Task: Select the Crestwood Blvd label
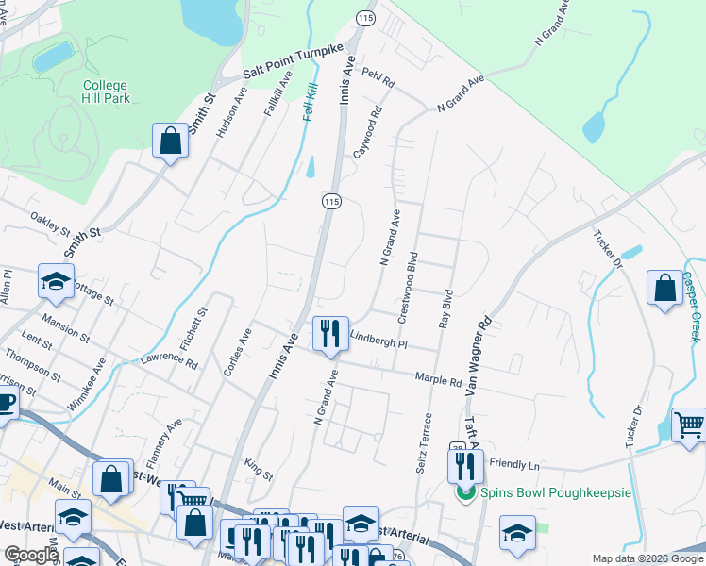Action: (x=408, y=288)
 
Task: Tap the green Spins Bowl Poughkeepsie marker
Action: (x=464, y=492)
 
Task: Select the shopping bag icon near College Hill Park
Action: (x=170, y=141)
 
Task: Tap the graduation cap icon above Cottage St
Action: (x=56, y=281)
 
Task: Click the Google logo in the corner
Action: (x=30, y=554)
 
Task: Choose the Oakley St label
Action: (x=51, y=227)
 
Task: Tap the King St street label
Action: (x=258, y=467)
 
